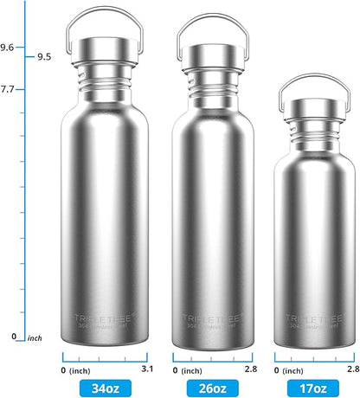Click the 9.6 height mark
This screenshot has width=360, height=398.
7,48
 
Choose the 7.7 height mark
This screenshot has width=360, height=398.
7,89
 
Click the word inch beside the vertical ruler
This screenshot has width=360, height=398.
35,337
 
